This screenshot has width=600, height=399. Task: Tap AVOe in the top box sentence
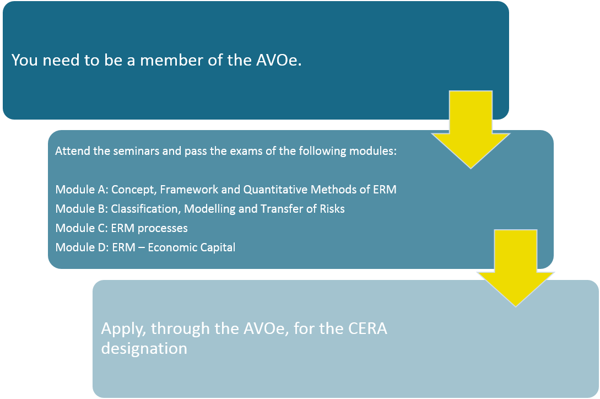click(x=279, y=60)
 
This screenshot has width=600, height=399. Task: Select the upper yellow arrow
click(x=471, y=130)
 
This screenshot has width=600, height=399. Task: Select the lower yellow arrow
click(x=516, y=268)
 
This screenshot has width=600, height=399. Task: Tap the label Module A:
click(x=82, y=189)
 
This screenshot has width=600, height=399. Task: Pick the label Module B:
click(x=82, y=209)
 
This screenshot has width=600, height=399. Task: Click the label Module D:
click(x=82, y=247)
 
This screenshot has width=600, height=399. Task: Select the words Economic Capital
click(x=191, y=247)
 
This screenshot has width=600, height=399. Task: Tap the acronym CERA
click(x=367, y=328)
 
